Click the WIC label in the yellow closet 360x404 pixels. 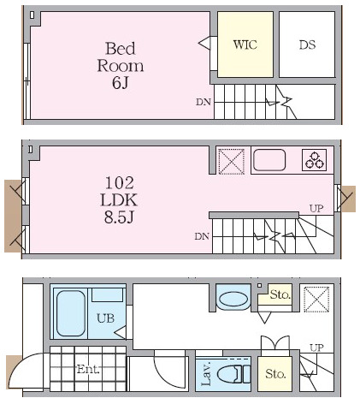point(245,45)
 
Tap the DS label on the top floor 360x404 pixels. point(307,45)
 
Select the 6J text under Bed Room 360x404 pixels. point(121,83)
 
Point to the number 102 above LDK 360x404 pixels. point(120,183)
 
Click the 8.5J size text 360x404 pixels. point(119,217)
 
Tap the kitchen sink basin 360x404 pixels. point(269,160)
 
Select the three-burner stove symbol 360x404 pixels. point(314,160)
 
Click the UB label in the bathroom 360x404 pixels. point(105,318)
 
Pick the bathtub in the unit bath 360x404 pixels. point(71,313)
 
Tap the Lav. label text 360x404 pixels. point(206,374)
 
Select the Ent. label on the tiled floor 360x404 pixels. point(88,369)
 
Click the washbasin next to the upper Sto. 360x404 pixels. point(233,298)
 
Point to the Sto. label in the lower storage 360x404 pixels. point(275,373)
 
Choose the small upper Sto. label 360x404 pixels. point(280,294)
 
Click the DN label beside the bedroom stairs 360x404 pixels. point(204,102)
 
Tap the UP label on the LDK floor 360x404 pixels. point(316,209)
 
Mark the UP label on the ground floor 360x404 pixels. point(316,348)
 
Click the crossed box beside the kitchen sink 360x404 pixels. point(231,161)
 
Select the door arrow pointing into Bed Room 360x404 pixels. point(204,44)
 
